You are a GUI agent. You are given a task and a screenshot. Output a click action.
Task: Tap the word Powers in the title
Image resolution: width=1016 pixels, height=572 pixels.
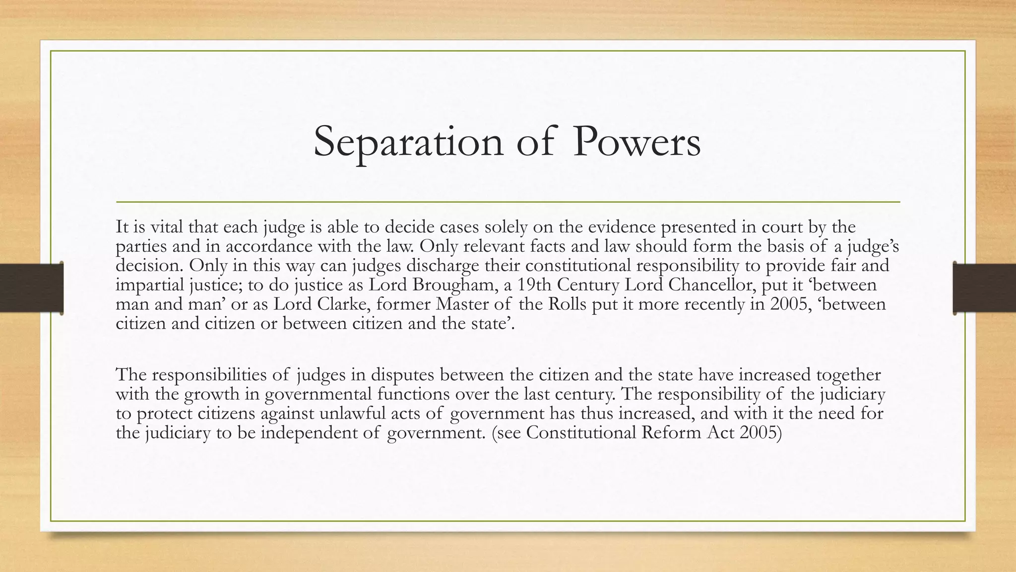click(636, 142)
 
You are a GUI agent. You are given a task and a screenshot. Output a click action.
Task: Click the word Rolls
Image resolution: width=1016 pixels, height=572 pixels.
click(568, 304)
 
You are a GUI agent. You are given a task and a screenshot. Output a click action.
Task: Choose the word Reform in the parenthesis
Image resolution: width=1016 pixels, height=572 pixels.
click(672, 433)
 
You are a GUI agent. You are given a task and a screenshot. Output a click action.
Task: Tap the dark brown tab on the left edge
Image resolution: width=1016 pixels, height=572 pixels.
click(31, 288)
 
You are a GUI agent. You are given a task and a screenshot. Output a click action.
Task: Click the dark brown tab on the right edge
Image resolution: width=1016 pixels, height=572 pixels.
click(985, 288)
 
